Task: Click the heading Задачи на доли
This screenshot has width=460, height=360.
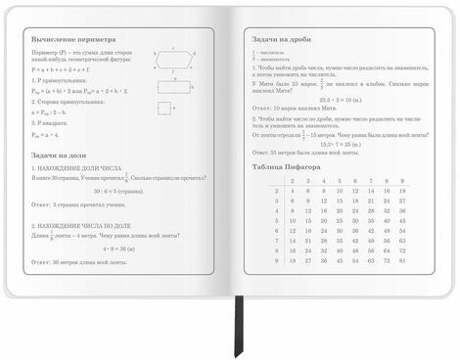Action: pos(60,155)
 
